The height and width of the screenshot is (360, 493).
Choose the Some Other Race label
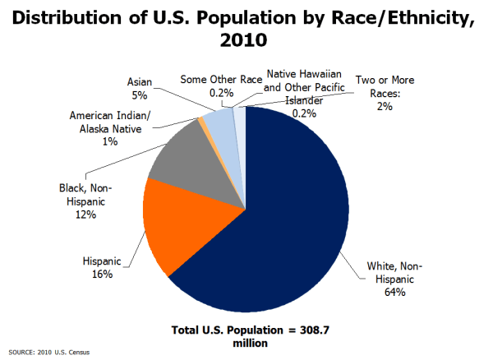click(221, 81)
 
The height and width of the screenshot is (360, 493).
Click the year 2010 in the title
click(246, 38)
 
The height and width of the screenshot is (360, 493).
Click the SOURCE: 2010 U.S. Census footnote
click(48, 353)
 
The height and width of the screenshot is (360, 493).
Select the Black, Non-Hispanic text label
click(84, 195)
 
